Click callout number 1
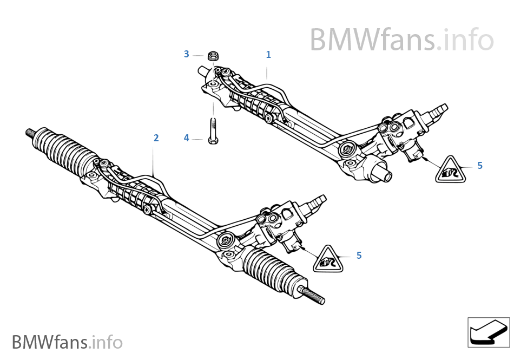click(268, 55)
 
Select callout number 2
click(156, 138)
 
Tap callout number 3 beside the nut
click(187, 54)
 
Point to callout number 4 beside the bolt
click(187, 139)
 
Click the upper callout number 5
click(480, 166)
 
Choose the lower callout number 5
click(359, 256)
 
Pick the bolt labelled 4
click(213, 130)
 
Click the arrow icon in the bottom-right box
click(488, 331)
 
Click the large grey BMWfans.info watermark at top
click(401, 40)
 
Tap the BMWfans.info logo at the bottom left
click(67, 342)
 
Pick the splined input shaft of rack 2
click(316, 201)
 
